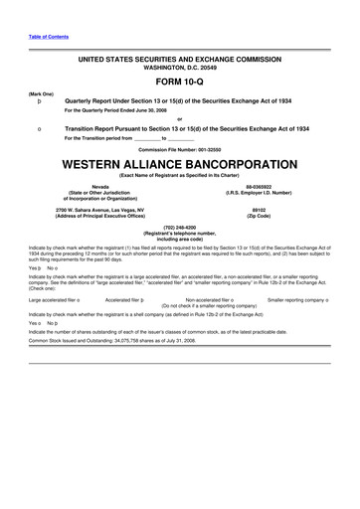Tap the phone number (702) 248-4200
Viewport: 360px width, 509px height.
[180, 226]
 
